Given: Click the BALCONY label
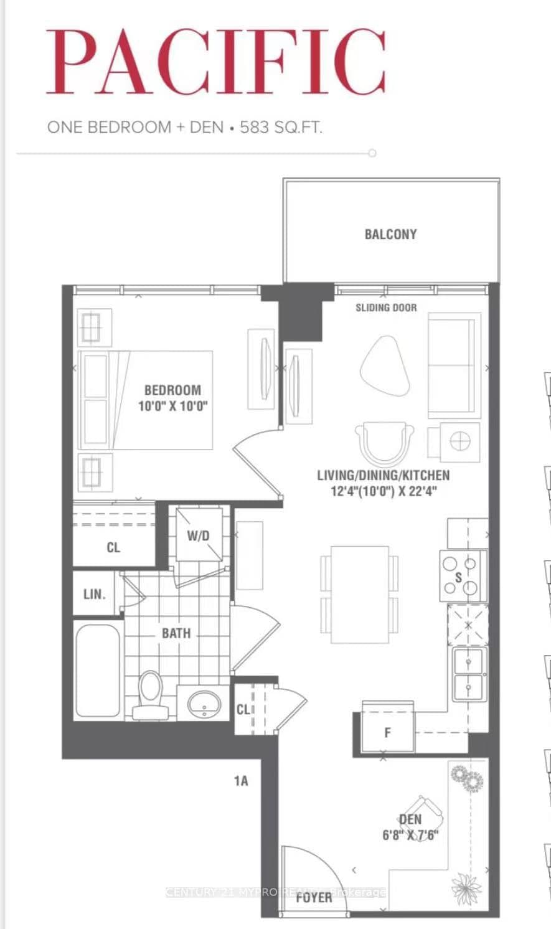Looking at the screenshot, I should click(390, 235).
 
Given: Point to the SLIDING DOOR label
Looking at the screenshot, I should click(386, 308).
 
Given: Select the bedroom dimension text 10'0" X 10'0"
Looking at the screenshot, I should click(172, 407).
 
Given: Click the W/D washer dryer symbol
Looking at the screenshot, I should click(199, 535).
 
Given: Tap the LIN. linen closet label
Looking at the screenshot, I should click(95, 594).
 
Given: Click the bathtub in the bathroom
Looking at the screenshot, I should click(98, 671).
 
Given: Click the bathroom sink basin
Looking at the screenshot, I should click(204, 703).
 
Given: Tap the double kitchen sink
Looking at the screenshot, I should click(469, 674).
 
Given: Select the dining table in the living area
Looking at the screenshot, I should click(360, 593).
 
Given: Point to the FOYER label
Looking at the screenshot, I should click(314, 897).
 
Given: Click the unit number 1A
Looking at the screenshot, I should click(241, 780).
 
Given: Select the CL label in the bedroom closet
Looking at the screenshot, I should click(113, 547).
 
